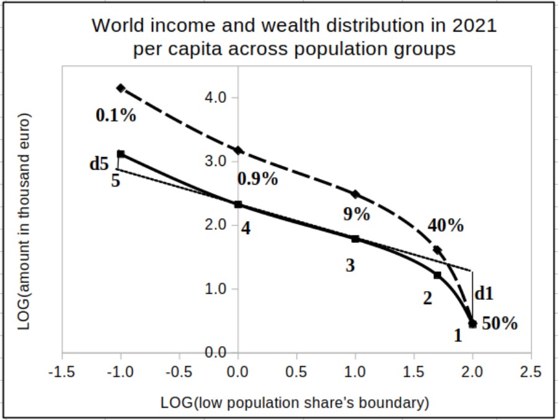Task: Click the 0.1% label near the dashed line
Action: click(116, 115)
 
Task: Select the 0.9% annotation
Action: click(257, 179)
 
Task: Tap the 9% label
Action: click(356, 214)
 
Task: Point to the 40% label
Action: click(445, 225)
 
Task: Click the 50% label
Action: click(500, 323)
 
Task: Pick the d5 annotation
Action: click(99, 164)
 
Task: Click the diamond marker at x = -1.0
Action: click(121, 88)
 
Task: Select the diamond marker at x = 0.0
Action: click(238, 151)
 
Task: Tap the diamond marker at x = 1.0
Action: click(355, 195)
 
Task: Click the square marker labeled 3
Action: click(355, 238)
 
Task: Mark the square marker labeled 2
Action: click(437, 275)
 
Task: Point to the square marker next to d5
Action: click(121, 154)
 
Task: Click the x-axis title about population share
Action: click(294, 403)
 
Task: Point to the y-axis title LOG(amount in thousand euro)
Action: click(25, 221)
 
